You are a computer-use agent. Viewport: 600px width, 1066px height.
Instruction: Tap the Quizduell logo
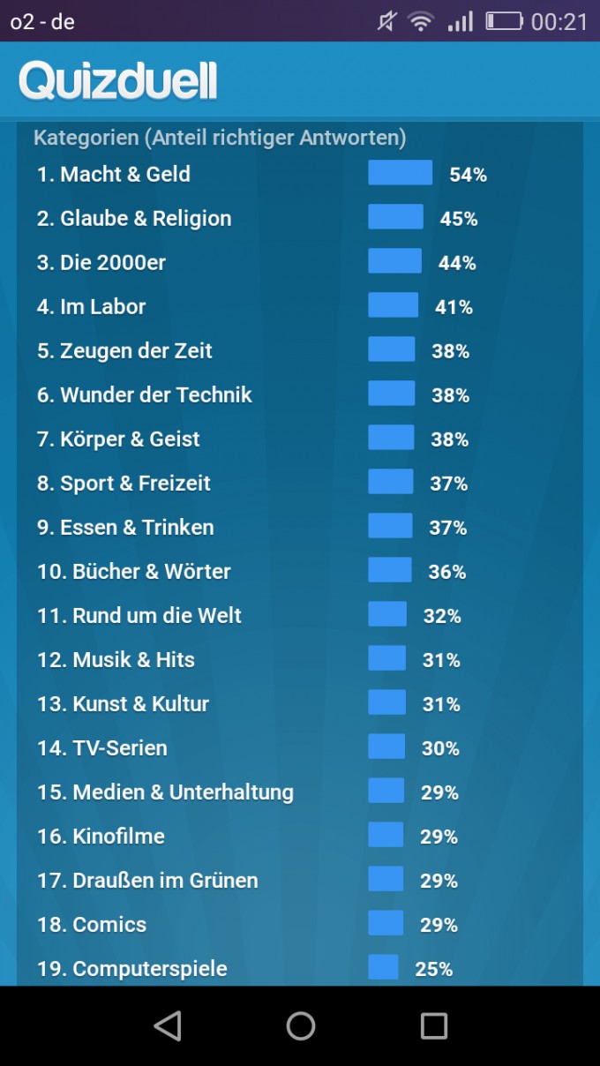tap(118, 81)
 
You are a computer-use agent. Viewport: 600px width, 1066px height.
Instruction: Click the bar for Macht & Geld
tap(400, 173)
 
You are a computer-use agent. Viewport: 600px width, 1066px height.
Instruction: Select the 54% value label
tap(468, 175)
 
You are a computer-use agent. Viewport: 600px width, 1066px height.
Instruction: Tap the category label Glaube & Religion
tap(134, 219)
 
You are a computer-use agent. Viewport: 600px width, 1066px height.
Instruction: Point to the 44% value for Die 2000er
tap(457, 263)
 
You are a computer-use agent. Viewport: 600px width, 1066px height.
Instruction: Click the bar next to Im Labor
tap(393, 305)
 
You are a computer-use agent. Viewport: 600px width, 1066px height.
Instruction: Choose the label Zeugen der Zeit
tap(124, 351)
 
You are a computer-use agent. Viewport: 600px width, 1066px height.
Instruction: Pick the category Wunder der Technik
tap(145, 395)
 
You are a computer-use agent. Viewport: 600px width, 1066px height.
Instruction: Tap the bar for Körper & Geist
tap(391, 438)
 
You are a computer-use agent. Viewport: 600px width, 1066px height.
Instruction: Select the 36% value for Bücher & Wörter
tap(447, 572)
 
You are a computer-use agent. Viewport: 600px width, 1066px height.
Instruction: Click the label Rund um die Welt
tap(139, 616)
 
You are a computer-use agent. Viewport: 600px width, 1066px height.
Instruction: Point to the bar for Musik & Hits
tap(386, 658)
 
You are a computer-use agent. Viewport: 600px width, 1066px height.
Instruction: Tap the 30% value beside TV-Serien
tap(440, 748)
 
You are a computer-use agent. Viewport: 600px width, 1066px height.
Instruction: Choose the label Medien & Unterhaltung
tap(165, 792)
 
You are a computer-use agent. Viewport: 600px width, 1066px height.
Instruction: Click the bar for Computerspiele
tap(383, 967)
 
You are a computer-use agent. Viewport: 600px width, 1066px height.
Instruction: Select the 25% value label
tap(434, 969)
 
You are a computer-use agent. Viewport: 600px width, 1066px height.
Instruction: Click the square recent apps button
tap(434, 1025)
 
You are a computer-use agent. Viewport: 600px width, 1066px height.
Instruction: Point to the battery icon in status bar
tap(504, 21)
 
